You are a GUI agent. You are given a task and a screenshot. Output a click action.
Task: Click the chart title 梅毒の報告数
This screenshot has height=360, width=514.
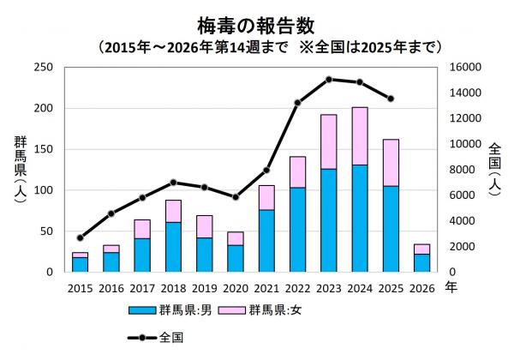[256, 19]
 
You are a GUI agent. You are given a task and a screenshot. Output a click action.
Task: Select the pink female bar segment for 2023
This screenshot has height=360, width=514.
[328, 141]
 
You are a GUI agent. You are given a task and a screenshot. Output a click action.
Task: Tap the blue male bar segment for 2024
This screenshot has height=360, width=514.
[360, 219]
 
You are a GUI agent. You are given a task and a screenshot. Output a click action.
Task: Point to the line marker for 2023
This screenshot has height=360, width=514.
[328, 79]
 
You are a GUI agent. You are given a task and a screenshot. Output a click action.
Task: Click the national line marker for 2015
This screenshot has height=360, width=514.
[80, 237]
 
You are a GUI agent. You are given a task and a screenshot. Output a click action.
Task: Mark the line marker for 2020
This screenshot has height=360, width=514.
[236, 197]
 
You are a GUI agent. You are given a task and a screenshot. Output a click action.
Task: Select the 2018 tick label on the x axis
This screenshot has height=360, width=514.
[173, 289]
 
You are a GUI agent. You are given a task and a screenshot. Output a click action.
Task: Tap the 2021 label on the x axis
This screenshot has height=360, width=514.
[266, 289]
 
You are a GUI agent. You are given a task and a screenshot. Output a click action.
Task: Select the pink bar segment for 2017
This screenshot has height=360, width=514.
[142, 229]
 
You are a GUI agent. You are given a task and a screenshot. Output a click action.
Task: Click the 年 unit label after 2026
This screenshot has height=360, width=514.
[451, 289]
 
